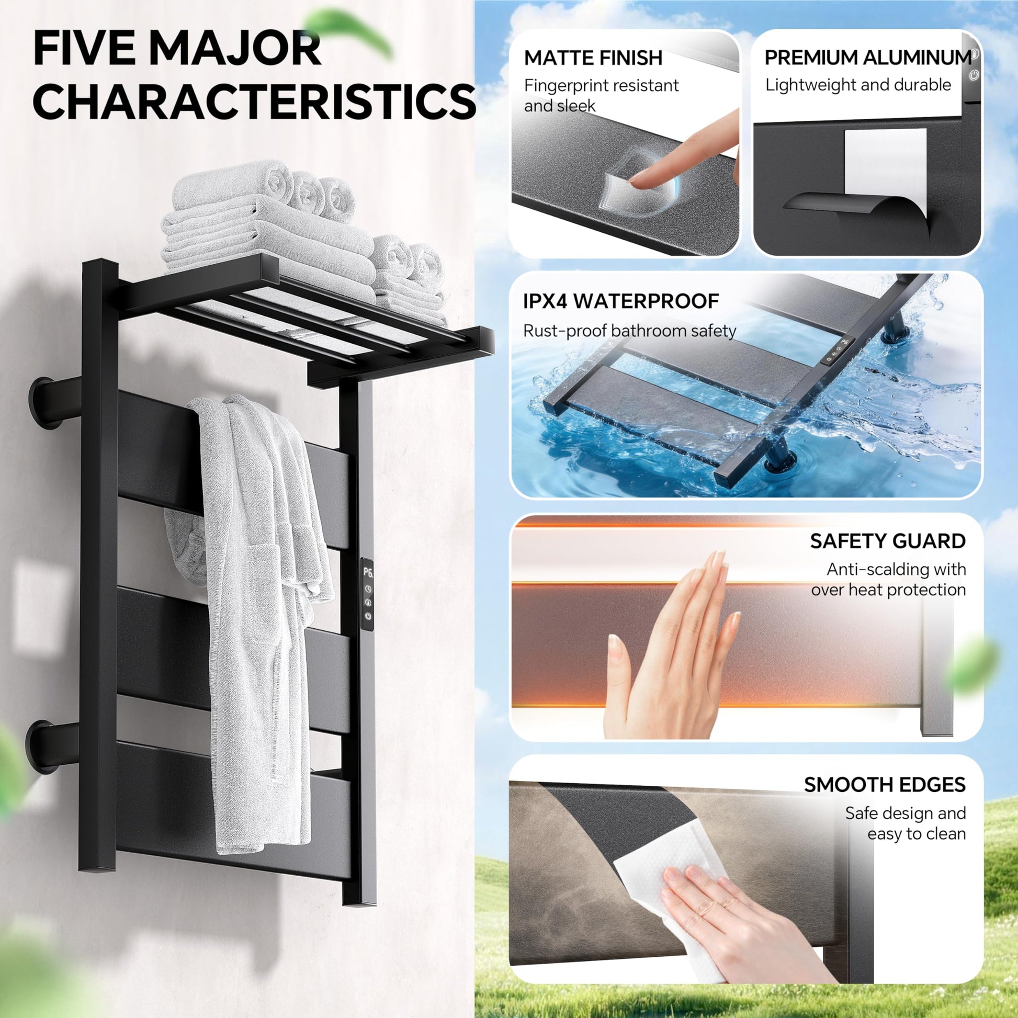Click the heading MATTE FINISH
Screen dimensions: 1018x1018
point(593,58)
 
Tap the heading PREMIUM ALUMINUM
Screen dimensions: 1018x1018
point(868,58)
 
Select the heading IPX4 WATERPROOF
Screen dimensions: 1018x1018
point(621,301)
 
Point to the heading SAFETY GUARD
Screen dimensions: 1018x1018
point(888,541)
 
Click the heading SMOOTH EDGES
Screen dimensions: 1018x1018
point(885,785)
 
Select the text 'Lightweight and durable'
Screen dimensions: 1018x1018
point(858,85)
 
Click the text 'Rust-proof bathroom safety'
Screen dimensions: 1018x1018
point(629,331)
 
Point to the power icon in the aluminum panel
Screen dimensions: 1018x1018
point(974,75)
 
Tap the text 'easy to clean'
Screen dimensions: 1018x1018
point(917,834)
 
